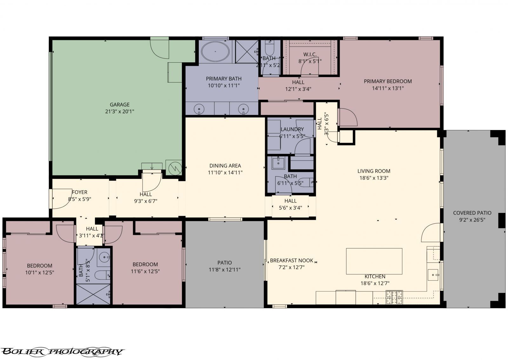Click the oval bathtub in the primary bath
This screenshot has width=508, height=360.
click(x=216, y=51)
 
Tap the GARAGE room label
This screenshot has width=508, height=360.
click(x=120, y=105)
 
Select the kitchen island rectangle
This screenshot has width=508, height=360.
click(x=374, y=261)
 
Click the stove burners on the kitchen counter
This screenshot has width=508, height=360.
click(x=394, y=297)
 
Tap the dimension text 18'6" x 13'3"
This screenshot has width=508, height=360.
click(x=374, y=178)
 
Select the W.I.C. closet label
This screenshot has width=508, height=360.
click(x=310, y=54)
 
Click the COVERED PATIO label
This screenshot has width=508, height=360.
click(x=472, y=213)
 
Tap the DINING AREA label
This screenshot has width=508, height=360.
click(x=225, y=166)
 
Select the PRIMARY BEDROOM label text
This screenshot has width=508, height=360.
click(x=388, y=81)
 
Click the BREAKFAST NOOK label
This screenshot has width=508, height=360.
click(x=291, y=261)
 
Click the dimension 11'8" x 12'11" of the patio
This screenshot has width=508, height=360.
click(x=224, y=270)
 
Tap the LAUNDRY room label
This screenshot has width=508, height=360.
click(x=292, y=129)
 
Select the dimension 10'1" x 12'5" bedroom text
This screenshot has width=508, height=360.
click(x=39, y=273)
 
